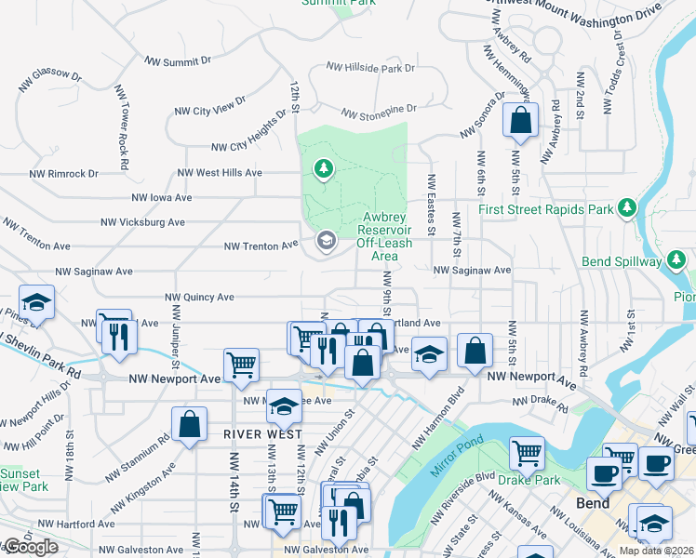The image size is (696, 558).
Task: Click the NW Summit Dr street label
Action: [x=178, y=60]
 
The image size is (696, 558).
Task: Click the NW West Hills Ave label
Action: [x=220, y=173]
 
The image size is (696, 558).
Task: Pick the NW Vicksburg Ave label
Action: [x=145, y=223]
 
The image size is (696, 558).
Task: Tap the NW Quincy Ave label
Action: [x=199, y=298]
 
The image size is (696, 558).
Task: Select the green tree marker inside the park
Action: [x=323, y=168]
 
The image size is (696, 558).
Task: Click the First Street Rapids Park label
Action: [x=546, y=209]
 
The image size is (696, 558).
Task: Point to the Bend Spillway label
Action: [x=621, y=262]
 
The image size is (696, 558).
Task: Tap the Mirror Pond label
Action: [x=457, y=453]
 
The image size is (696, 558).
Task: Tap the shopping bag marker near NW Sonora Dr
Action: [x=520, y=121]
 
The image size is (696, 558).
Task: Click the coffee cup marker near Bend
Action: [x=604, y=472]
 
